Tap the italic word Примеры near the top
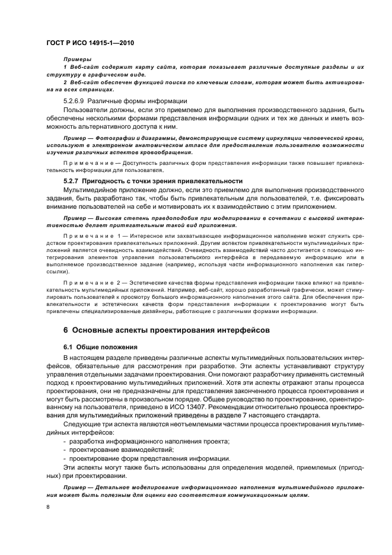click(x=77, y=60)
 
